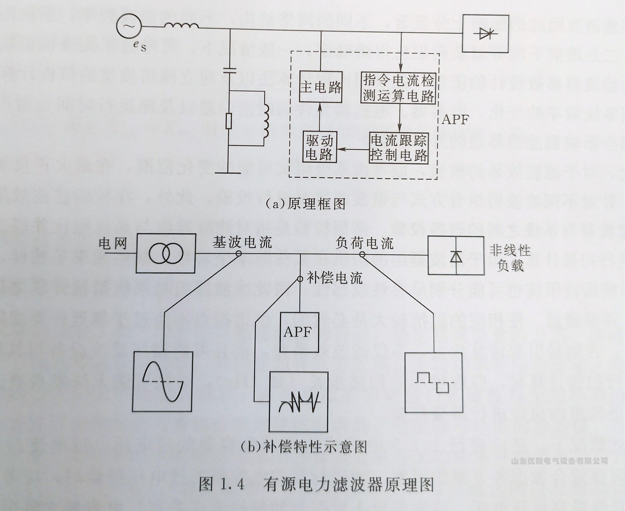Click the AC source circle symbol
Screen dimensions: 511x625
(x=128, y=27)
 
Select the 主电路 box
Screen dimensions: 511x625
(x=321, y=87)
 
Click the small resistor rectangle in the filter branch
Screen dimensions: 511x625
(x=229, y=121)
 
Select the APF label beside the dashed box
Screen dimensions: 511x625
(x=455, y=120)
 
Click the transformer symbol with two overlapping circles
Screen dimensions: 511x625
(x=166, y=253)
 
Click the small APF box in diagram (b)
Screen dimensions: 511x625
(x=299, y=332)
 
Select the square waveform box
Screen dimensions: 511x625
(x=434, y=383)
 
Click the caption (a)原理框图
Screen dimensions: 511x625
(x=305, y=204)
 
